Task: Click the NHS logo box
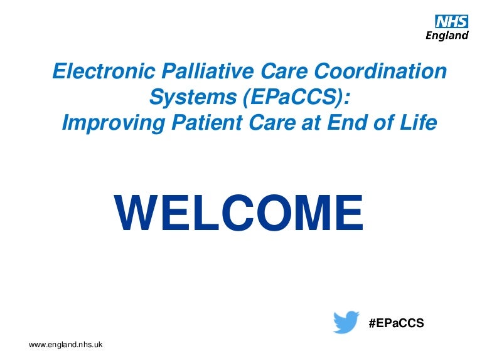(x=452, y=21)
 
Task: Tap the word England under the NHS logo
(x=447, y=35)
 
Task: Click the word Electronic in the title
(x=104, y=71)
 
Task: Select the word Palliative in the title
(x=208, y=71)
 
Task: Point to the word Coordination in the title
(x=380, y=71)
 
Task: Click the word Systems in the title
(x=193, y=98)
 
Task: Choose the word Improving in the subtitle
(x=114, y=123)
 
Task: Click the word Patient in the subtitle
(x=207, y=122)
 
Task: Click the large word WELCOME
(x=238, y=212)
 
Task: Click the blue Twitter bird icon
(x=346, y=322)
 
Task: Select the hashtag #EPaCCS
(x=396, y=323)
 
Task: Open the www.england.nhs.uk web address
(x=65, y=345)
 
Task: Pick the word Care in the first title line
(x=284, y=71)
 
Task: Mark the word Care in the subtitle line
(x=272, y=122)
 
